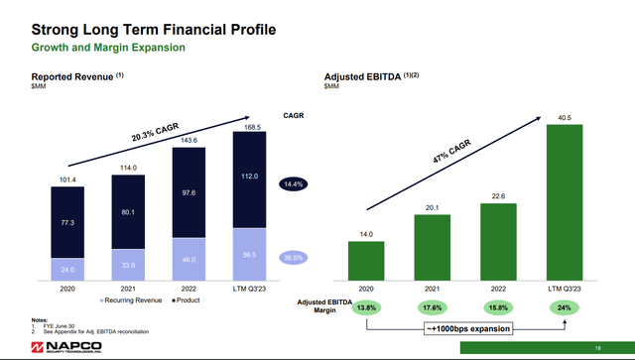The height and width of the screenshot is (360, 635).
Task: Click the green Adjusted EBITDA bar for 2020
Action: pos(366,262)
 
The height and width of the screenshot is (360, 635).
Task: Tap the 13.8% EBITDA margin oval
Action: pos(366,307)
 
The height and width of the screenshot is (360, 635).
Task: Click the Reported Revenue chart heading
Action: pos(75,77)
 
